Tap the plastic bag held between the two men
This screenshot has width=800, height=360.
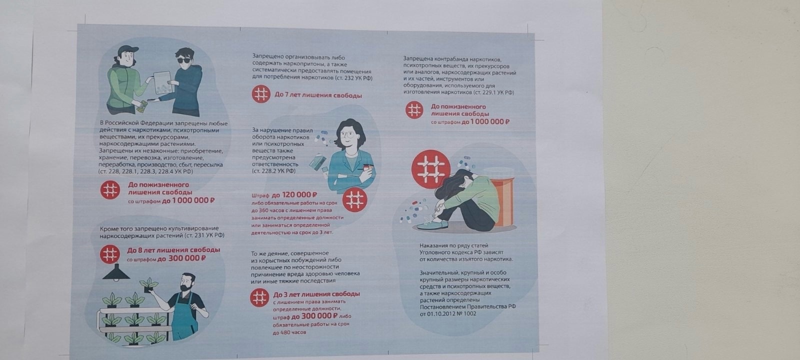[x=162, y=83]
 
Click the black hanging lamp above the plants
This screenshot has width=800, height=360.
[x=116, y=272]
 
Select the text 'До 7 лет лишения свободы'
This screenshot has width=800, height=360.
[x=318, y=95]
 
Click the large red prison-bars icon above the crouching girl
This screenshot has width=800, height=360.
[x=430, y=169]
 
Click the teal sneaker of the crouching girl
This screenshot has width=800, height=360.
[x=432, y=225]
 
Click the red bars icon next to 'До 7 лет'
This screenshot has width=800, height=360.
[x=261, y=94]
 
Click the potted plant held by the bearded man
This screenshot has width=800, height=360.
[x=148, y=285]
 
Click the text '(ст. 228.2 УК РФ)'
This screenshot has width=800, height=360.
[x=274, y=171]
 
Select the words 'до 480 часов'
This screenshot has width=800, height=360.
[x=289, y=332]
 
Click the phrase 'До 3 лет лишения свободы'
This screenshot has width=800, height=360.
[x=316, y=294]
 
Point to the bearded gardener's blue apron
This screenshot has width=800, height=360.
[x=184, y=318]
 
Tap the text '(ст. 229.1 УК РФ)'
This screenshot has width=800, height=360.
[x=493, y=92]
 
